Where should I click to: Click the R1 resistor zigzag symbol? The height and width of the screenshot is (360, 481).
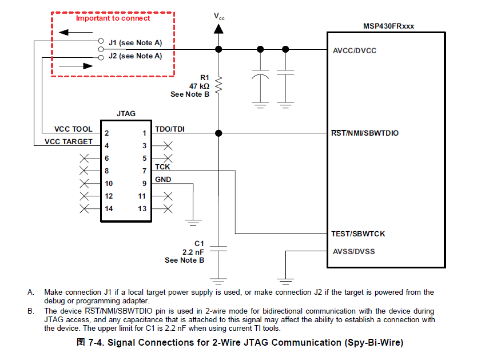pyautogui.click(x=218, y=85)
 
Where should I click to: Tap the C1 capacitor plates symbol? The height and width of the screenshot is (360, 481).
pyautogui.click(x=218, y=248)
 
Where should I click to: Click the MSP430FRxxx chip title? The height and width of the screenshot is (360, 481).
pyautogui.click(x=388, y=26)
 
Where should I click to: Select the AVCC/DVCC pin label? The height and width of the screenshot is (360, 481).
pyautogui.click(x=355, y=50)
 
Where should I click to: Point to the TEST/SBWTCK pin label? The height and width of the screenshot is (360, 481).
pyautogui.click(x=358, y=234)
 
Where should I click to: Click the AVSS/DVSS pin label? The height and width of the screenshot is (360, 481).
pyautogui.click(x=353, y=252)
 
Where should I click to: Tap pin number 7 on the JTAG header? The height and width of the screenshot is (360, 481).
pyautogui.click(x=144, y=171)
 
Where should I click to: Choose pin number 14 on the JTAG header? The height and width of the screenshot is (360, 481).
pyautogui.click(x=109, y=209)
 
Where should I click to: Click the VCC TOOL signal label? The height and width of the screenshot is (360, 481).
pyautogui.click(x=73, y=129)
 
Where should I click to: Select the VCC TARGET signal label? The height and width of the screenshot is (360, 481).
pyautogui.click(x=69, y=142)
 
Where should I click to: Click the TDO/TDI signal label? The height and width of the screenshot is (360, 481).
pyautogui.click(x=170, y=129)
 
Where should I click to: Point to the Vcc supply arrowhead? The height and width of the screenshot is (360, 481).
pyautogui.click(x=218, y=29)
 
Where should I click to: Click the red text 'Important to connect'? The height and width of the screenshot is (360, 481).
pyautogui.click(x=113, y=18)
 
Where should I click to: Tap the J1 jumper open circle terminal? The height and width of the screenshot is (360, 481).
pyautogui.click(x=101, y=41)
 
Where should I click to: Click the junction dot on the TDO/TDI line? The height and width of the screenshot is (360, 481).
pyautogui.click(x=218, y=133)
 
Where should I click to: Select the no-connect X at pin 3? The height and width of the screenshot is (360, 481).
pyautogui.click(x=168, y=146)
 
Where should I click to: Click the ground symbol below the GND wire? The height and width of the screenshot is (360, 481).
pyautogui.click(x=193, y=223)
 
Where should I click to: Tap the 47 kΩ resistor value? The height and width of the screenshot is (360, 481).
pyautogui.click(x=200, y=86)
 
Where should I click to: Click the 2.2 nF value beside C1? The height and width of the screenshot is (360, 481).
pyautogui.click(x=193, y=252)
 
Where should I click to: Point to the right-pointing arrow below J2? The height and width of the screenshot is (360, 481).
pyautogui.click(x=75, y=66)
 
